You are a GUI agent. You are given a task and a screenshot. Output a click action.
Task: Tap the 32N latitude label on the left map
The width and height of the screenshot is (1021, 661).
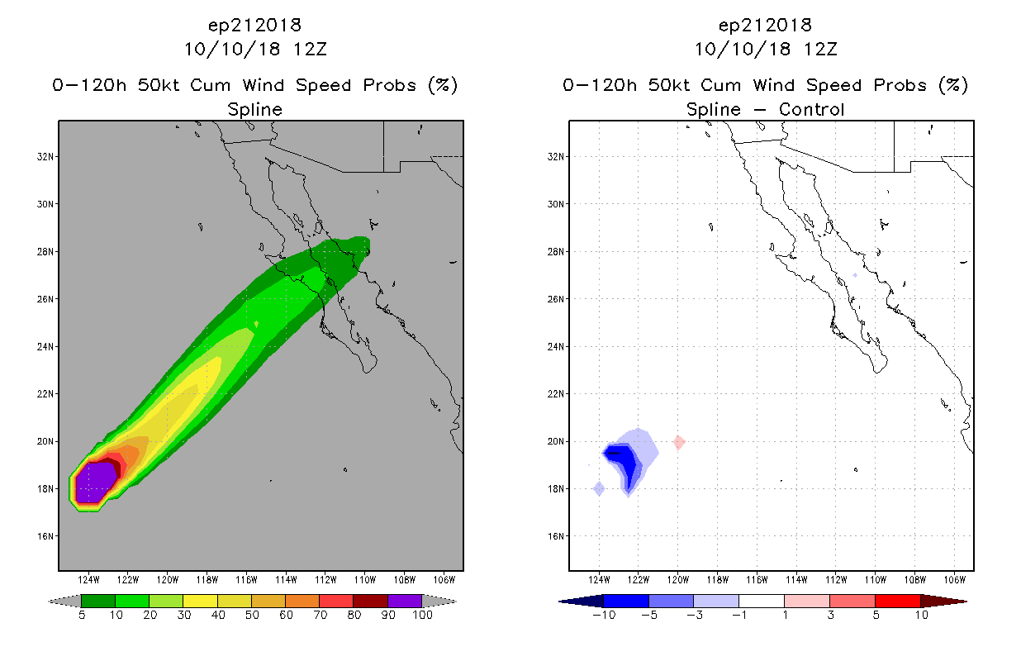tap(45, 157)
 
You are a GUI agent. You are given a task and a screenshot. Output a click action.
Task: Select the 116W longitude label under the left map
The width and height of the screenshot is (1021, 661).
tap(246, 580)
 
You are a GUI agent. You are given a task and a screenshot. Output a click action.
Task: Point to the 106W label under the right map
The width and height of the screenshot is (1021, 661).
tap(954, 580)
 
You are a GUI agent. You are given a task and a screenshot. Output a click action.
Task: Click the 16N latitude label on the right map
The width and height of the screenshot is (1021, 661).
tap(555, 536)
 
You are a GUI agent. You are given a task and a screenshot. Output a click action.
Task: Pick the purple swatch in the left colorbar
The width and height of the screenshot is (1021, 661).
tap(405, 601)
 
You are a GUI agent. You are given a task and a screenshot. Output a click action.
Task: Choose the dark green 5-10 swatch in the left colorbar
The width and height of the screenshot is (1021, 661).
tap(98, 601)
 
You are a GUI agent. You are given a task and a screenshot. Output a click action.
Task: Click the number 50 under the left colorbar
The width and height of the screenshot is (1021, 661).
tap(252, 615)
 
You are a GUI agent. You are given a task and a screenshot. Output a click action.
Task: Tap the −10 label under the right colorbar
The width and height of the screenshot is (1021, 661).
tap(604, 615)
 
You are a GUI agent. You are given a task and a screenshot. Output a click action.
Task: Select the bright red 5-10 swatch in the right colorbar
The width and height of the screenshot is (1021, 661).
tap(898, 601)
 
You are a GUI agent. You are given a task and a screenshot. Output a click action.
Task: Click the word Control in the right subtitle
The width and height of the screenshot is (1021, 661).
tap(811, 109)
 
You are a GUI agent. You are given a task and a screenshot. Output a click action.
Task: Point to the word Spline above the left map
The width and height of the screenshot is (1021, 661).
tap(254, 110)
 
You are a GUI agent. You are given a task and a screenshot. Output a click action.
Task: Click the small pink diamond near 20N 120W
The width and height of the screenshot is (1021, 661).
tap(679, 442)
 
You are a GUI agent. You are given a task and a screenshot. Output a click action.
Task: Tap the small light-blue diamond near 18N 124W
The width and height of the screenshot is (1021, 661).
tap(599, 488)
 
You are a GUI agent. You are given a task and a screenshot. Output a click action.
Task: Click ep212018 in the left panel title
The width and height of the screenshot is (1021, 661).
tap(254, 26)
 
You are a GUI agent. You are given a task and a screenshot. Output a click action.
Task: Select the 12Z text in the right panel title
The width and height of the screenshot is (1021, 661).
tap(820, 50)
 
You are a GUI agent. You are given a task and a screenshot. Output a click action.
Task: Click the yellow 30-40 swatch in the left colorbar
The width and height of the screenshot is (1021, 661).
tap(200, 601)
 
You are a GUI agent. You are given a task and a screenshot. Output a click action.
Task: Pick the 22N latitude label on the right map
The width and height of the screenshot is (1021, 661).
tap(555, 394)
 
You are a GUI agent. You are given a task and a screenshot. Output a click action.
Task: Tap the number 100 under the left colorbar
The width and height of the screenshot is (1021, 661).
tap(422, 615)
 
